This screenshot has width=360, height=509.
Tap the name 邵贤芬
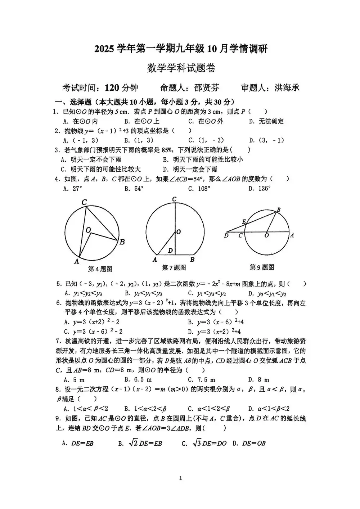[x=206, y=88]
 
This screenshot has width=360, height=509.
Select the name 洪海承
[x=287, y=88]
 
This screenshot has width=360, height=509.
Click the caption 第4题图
[x=100, y=269]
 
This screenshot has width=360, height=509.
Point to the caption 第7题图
[x=174, y=267]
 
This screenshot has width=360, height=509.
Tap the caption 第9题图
[x=262, y=267]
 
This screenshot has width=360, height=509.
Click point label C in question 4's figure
[x=84, y=202]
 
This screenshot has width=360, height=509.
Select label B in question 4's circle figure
[x=122, y=242]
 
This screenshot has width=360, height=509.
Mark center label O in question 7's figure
[x=179, y=232]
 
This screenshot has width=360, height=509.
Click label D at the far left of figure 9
[x=226, y=236]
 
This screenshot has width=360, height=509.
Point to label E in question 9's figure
[x=244, y=222]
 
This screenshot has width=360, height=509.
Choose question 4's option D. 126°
[x=259, y=188]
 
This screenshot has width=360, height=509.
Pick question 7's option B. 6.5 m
[x=138, y=380]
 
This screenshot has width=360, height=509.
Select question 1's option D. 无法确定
[x=266, y=121]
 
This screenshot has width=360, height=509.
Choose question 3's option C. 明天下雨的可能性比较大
[x=100, y=169]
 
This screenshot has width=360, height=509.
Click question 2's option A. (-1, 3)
[x=81, y=140]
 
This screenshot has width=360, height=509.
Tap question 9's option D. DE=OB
[x=249, y=443]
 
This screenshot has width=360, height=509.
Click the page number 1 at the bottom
[x=180, y=478]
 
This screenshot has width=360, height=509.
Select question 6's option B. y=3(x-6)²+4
[x=216, y=322]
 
